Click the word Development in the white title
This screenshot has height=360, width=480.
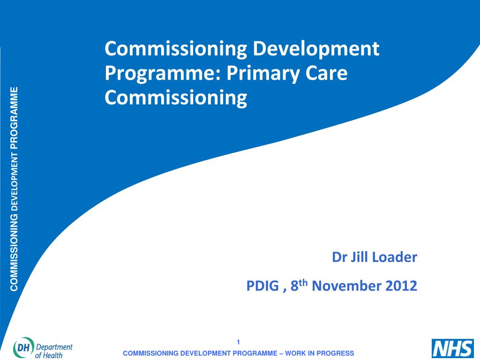(x=316, y=49)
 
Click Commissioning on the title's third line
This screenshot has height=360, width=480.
(x=176, y=98)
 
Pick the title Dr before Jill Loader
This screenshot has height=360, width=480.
(x=339, y=257)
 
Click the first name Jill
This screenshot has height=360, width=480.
(x=359, y=257)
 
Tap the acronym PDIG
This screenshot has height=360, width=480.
(x=262, y=286)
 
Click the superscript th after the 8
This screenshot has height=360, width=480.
(x=303, y=283)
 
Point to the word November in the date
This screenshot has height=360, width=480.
(x=346, y=286)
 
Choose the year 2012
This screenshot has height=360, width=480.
(x=401, y=286)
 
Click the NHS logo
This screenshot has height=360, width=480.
(x=453, y=348)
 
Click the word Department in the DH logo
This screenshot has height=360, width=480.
(x=54, y=347)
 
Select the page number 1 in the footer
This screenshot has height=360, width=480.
(x=238, y=342)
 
